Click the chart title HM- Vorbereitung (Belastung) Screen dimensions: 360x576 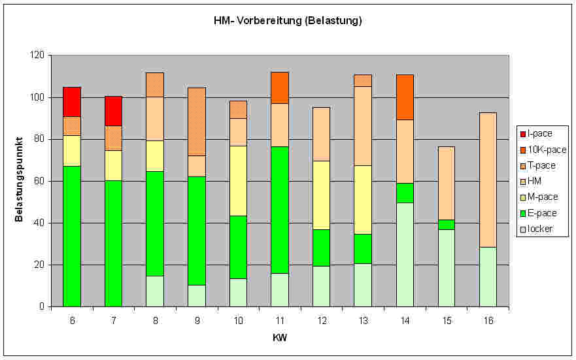288,20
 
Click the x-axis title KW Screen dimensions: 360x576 279,338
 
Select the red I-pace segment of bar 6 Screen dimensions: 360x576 72,102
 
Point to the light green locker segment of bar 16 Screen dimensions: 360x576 487,276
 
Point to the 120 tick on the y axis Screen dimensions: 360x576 37,56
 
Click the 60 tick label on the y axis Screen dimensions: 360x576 39,181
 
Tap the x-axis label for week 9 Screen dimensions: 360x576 196,320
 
